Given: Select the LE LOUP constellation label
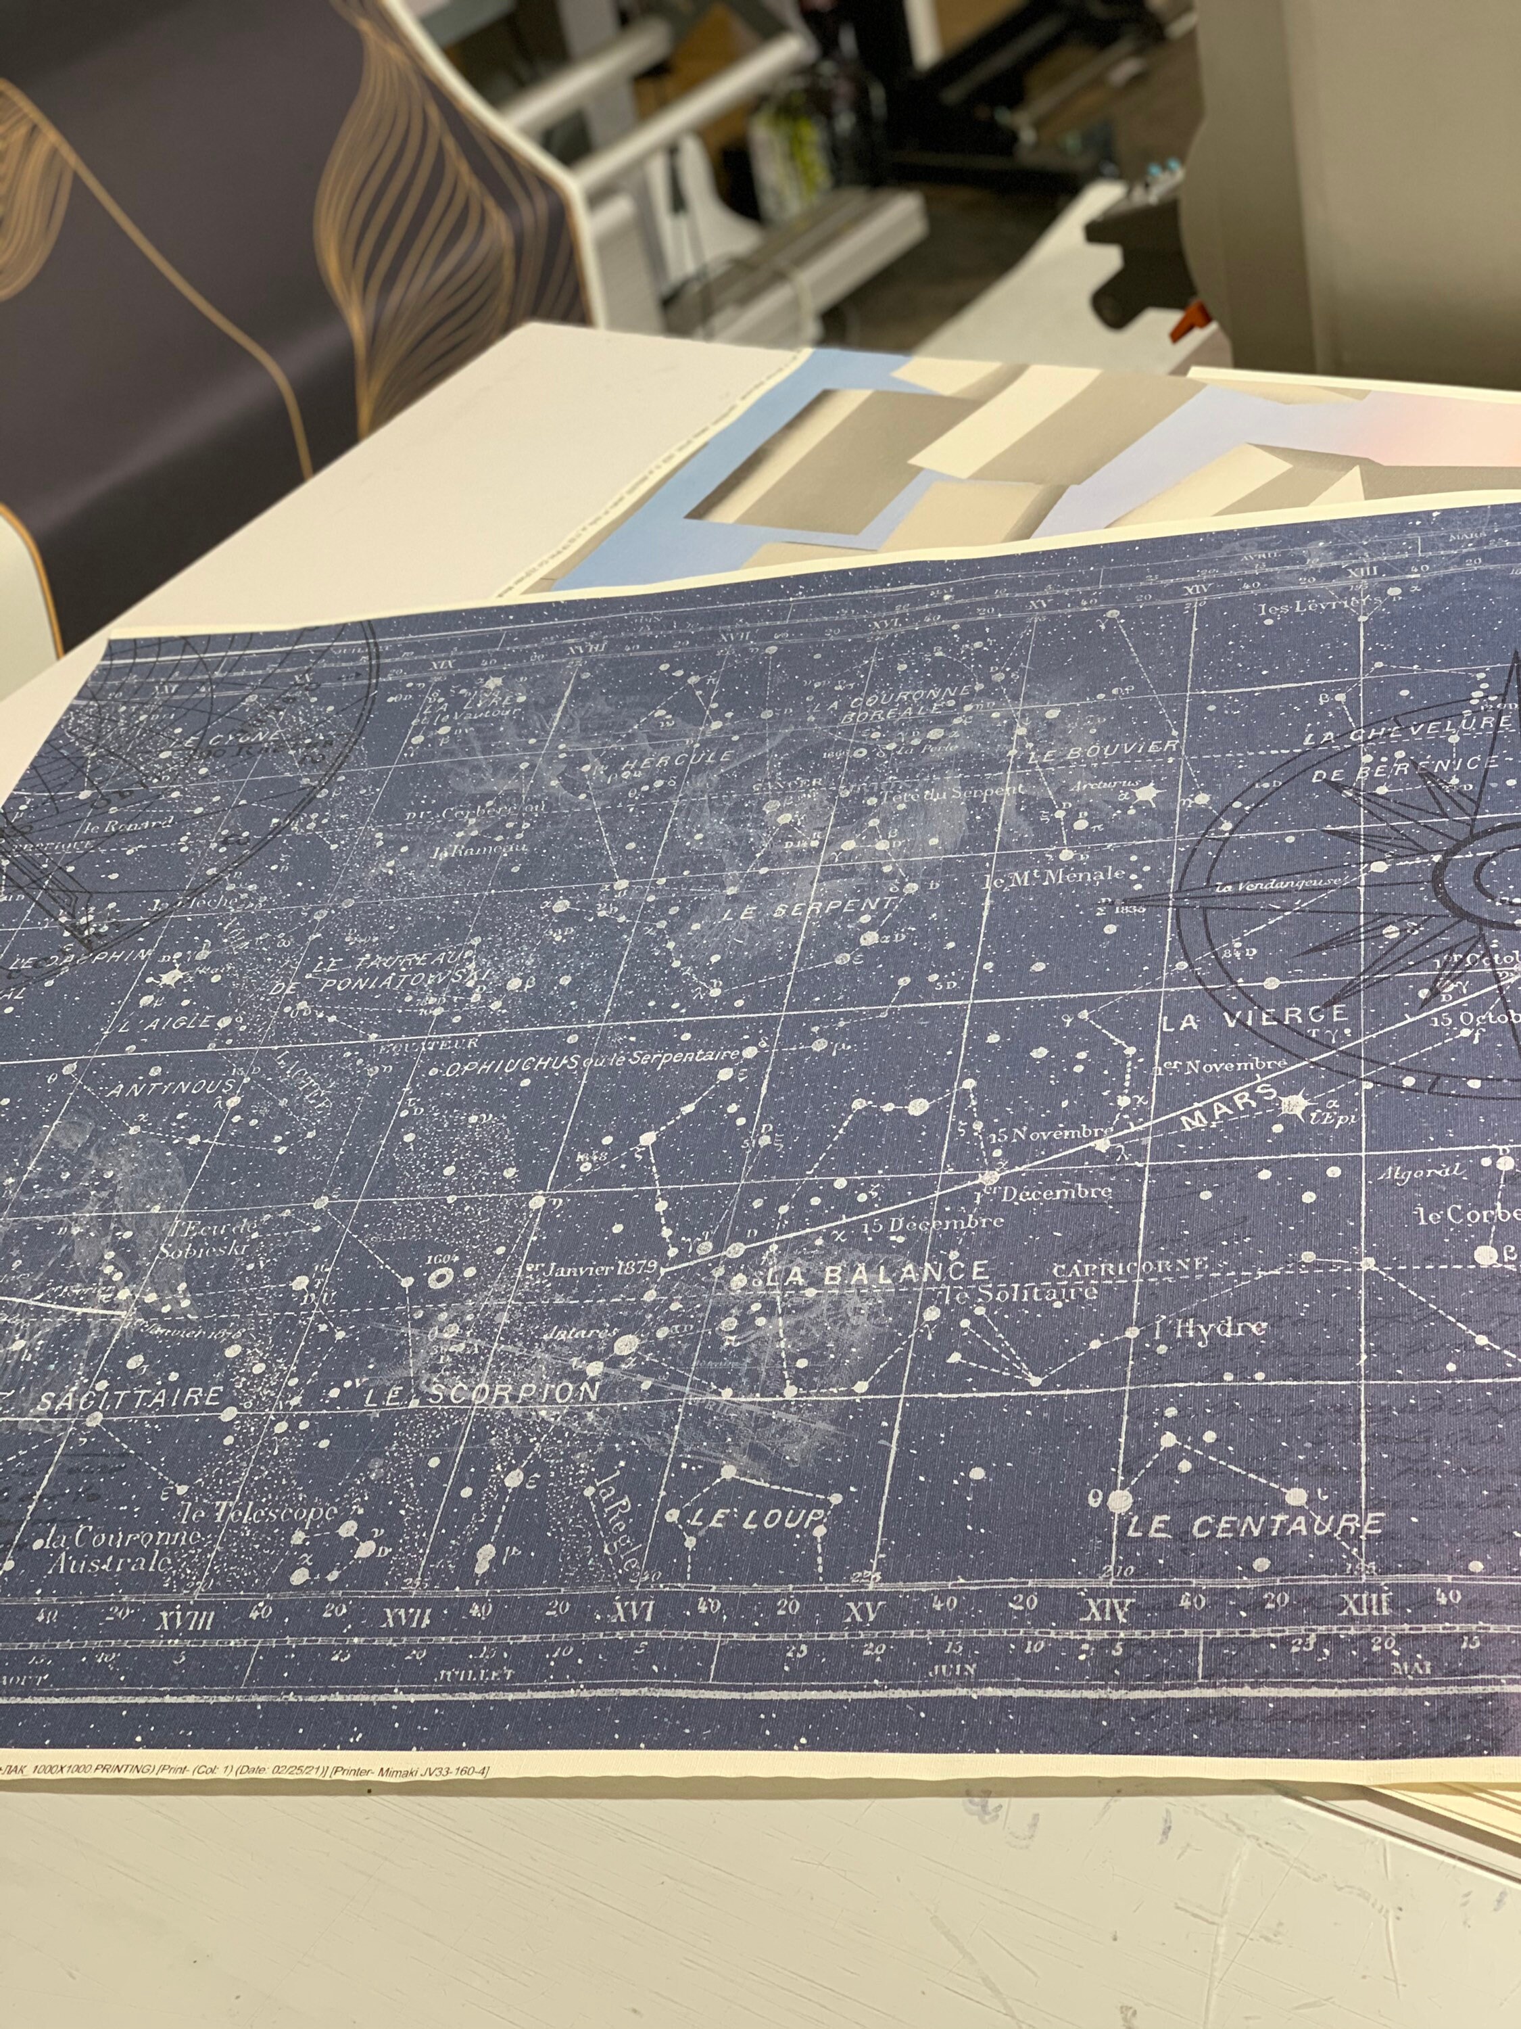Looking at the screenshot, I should [756, 1519].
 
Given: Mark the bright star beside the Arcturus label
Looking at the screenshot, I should [1148, 793].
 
